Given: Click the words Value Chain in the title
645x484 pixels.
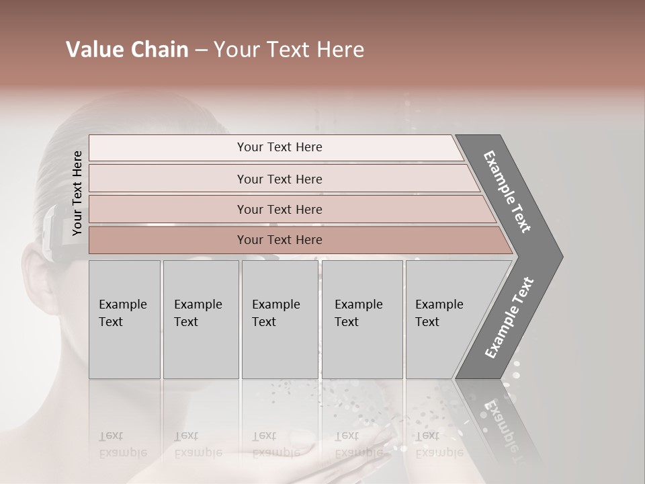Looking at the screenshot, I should coord(127,50).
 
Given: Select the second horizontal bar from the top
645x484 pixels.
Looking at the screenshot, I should coord(279,179).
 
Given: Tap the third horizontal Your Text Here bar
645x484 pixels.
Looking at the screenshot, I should coord(279,209).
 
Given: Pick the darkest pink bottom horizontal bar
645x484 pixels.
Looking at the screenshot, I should coord(279,240).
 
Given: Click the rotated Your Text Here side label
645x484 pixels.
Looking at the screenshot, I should coord(77,193).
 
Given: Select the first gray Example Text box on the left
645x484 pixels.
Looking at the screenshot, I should coord(124,319).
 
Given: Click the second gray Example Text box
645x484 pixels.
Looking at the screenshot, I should coord(200,319).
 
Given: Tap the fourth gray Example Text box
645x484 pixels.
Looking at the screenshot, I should coord(361,319).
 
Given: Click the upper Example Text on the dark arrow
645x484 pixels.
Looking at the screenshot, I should coord(507,192).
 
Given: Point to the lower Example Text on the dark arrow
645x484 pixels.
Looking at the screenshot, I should coord(509,318).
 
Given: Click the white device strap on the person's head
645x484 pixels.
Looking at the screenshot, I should coord(51,232).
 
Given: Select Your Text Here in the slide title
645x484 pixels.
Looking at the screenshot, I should coord(289,50).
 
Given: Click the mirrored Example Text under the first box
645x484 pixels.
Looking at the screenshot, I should coord(122,444).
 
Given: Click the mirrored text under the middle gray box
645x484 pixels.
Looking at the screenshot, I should coord(275,444).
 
